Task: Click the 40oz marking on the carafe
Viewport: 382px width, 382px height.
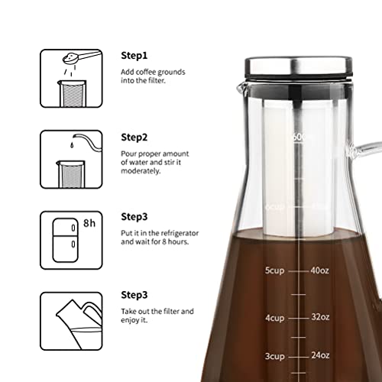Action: pos(318,270)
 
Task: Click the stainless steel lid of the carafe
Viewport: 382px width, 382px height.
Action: pos(300,67)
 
